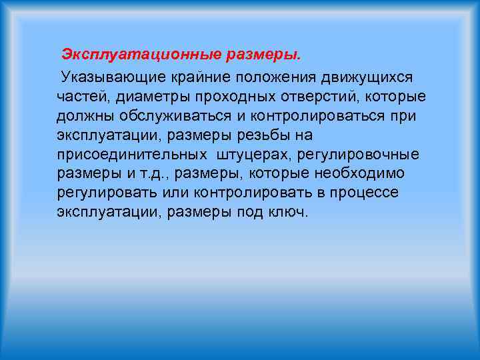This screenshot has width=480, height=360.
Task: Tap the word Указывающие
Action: [x=104, y=78]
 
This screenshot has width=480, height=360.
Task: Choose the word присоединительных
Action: [x=132, y=155]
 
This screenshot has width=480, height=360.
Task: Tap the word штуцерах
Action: [x=251, y=155]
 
